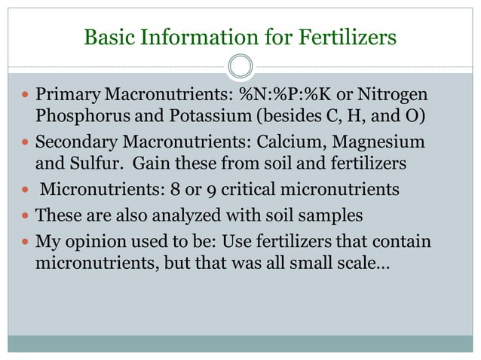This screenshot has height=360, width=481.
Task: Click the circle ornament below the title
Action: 240,66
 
